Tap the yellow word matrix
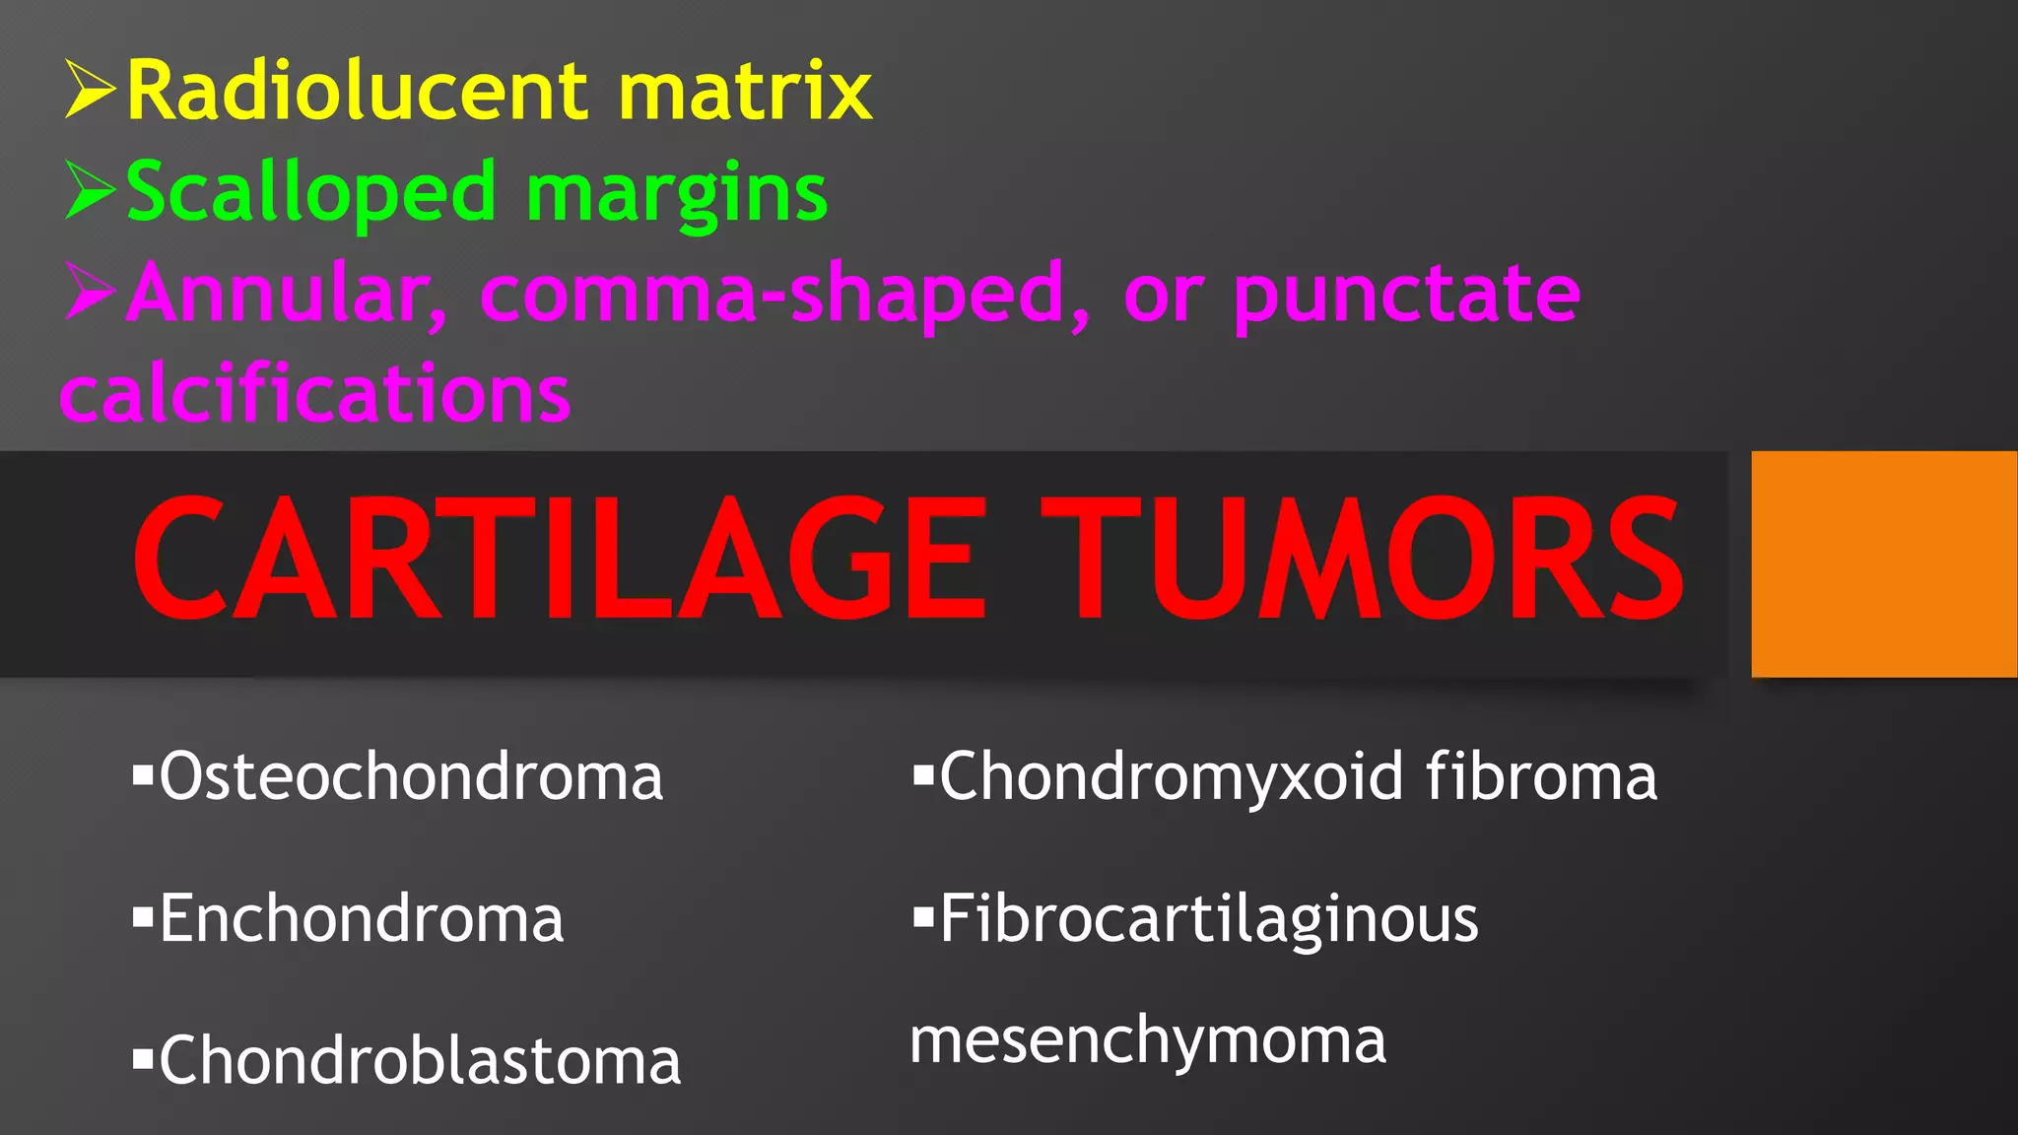coord(745,91)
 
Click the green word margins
coord(677,193)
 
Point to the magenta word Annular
coord(289,294)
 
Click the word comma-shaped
coord(785,294)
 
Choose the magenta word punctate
coord(1406,294)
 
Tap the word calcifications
coord(315,393)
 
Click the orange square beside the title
coord(1883,564)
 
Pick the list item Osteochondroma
coord(411,776)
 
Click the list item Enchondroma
coord(362,918)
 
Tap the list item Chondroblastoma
coord(420,1060)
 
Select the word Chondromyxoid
coord(1171,776)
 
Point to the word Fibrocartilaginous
coord(1208,918)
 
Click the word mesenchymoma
coord(1147,1040)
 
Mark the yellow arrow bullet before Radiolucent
coord(91,90)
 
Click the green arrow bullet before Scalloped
coord(91,191)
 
